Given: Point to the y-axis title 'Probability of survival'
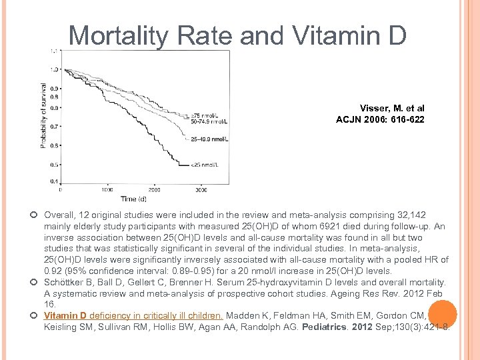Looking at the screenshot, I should (x=44, y=115).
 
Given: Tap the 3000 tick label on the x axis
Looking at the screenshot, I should (x=201, y=189).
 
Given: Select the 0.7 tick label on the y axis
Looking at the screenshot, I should (x=54, y=126).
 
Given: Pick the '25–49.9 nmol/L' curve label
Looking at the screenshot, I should (x=209, y=139).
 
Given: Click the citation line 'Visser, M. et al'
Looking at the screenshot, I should (x=391, y=108).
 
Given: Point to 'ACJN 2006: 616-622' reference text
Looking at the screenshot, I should (x=380, y=119).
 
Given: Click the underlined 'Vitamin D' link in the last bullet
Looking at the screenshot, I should (x=65, y=315).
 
